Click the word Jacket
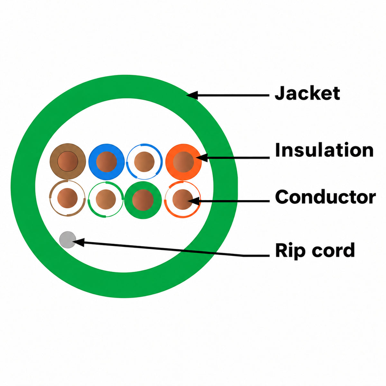(307, 93)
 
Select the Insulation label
(324, 150)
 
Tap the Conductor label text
(325, 197)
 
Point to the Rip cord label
(315, 250)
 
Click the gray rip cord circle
(68, 240)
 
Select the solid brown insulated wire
(68, 161)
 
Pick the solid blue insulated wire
(106, 162)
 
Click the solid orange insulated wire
(183, 162)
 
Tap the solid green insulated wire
(143, 200)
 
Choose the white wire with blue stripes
(144, 161)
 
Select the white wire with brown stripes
(68, 198)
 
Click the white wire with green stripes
(106, 199)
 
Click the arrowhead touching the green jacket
(192, 95)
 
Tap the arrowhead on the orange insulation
(202, 158)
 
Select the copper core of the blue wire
(106, 162)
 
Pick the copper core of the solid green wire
(143, 200)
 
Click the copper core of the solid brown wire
(68, 161)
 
